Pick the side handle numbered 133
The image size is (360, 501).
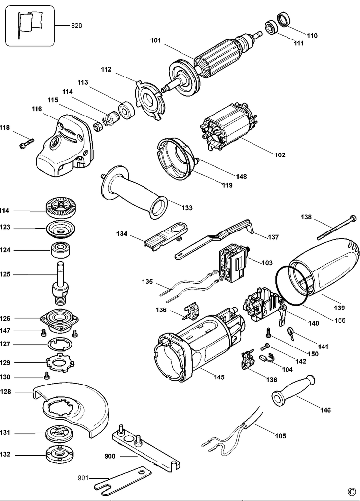133,192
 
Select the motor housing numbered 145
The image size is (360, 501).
197,346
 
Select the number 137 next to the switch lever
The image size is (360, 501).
273,237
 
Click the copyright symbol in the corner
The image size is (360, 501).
351,491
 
